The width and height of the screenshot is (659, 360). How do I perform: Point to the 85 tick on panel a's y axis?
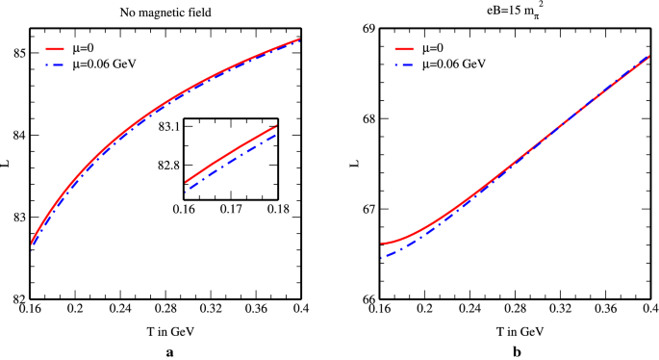(19, 52)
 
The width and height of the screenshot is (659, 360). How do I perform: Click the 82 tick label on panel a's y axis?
(19, 299)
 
